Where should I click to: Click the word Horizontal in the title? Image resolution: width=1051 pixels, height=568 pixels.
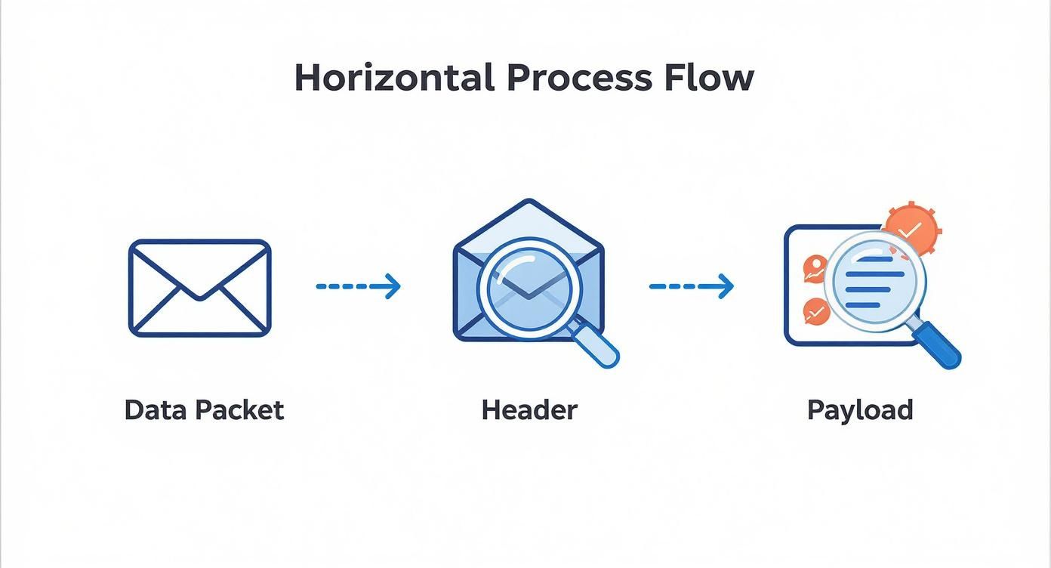(394, 78)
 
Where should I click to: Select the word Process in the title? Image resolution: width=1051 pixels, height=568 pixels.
(579, 78)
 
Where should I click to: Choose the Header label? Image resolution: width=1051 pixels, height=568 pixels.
(529, 410)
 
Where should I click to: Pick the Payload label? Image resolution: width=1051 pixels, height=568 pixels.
(860, 411)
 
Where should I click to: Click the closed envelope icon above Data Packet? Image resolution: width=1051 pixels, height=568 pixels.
(200, 288)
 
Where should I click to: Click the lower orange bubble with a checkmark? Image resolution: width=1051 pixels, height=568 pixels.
(816, 310)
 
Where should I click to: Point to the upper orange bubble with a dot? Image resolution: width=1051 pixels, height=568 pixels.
(815, 268)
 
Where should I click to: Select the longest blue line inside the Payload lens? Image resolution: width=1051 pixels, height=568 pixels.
(874, 274)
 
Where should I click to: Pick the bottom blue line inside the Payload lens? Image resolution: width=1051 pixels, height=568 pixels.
(862, 305)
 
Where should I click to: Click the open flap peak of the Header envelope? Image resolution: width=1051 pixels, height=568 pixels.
(529, 201)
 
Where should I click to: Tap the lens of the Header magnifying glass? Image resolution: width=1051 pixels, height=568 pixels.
(529, 288)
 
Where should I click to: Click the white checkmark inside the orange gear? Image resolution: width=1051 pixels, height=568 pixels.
(911, 230)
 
